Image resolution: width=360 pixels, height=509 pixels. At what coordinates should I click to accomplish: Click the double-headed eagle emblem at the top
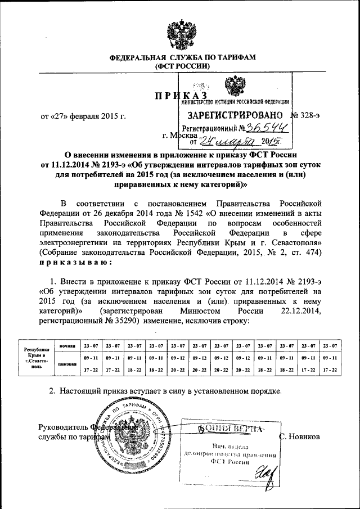tap(180, 34)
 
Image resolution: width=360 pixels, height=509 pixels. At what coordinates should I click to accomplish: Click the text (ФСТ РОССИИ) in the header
tap(182, 66)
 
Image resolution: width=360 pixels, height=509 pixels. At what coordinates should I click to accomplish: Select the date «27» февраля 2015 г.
tap(82, 116)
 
